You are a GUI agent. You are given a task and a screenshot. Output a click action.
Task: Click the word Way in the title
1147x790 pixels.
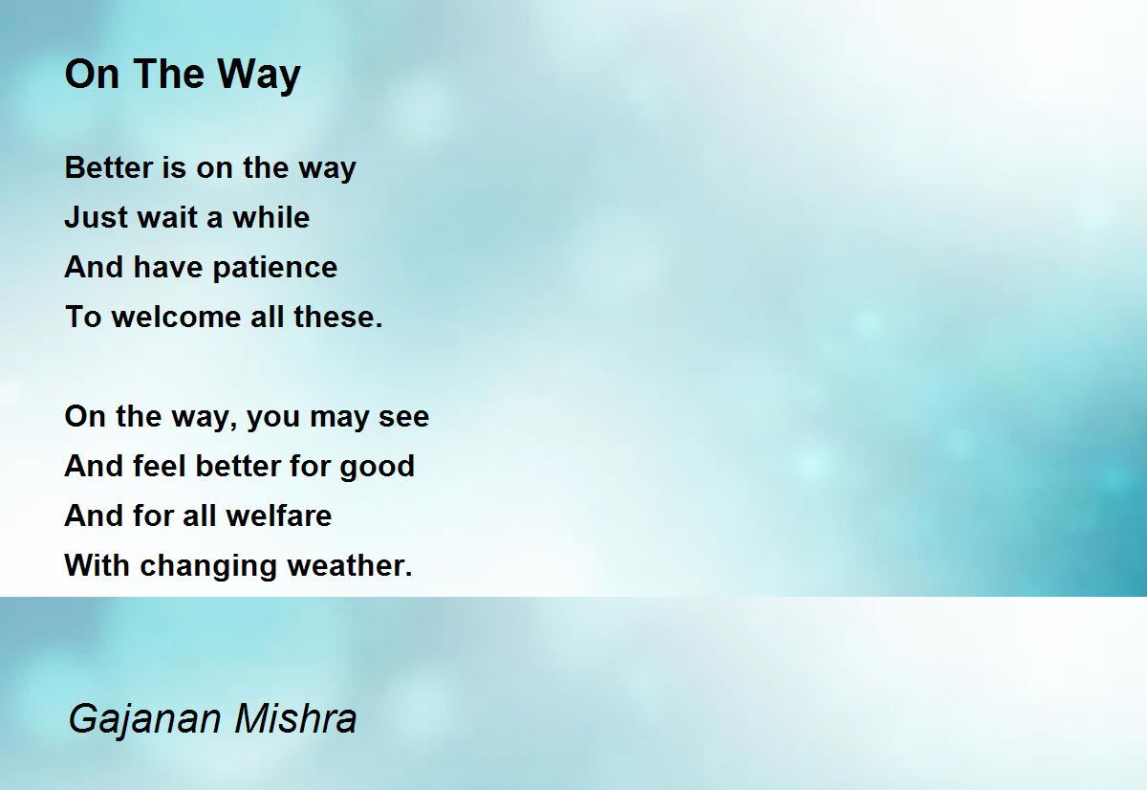pyautogui.click(x=259, y=76)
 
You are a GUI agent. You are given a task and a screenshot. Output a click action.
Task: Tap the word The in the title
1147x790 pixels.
pyautogui.click(x=170, y=74)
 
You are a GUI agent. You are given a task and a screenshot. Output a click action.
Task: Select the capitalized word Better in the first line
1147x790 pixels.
pyautogui.click(x=109, y=167)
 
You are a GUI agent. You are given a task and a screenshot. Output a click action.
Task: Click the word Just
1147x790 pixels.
pyautogui.click(x=96, y=217)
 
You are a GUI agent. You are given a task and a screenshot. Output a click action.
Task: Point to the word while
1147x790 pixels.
pyautogui.click(x=271, y=217)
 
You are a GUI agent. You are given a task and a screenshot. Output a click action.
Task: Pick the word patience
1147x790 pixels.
pyautogui.click(x=275, y=268)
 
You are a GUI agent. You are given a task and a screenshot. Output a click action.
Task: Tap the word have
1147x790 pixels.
pyautogui.click(x=168, y=267)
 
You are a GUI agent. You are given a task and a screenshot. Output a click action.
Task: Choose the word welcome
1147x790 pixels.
pyautogui.click(x=176, y=317)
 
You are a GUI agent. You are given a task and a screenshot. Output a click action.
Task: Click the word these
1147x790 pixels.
pyautogui.click(x=338, y=317)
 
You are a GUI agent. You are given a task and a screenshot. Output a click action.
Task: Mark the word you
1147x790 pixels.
pyautogui.click(x=273, y=418)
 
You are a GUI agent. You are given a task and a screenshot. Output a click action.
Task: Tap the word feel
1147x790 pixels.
pyautogui.click(x=159, y=466)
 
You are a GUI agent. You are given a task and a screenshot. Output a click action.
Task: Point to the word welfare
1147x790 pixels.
pyautogui.click(x=278, y=516)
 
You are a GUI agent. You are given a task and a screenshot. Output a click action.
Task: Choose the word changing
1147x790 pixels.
pyautogui.click(x=208, y=566)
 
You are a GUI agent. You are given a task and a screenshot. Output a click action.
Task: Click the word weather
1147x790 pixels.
pyautogui.click(x=349, y=565)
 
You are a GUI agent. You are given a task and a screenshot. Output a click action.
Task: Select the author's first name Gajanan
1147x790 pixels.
pyautogui.click(x=144, y=719)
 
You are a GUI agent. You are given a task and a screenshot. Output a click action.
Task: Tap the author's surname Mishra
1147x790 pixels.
pyautogui.click(x=295, y=718)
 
